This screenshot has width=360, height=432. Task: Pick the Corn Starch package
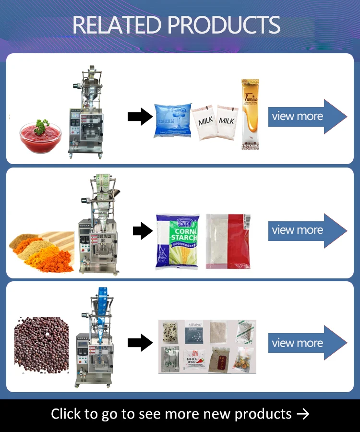[x=177, y=241]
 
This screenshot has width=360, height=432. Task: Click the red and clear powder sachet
[x=228, y=241]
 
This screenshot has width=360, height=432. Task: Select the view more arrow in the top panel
[x=306, y=116]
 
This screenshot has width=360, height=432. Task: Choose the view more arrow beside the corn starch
[x=306, y=230]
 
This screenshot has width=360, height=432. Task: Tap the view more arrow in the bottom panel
[x=306, y=343]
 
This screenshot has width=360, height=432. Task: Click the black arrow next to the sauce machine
[x=140, y=117]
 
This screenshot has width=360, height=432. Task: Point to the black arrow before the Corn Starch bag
[x=143, y=231]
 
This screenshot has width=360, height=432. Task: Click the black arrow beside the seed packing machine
[x=140, y=343]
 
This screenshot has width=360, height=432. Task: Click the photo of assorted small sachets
[x=207, y=346]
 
